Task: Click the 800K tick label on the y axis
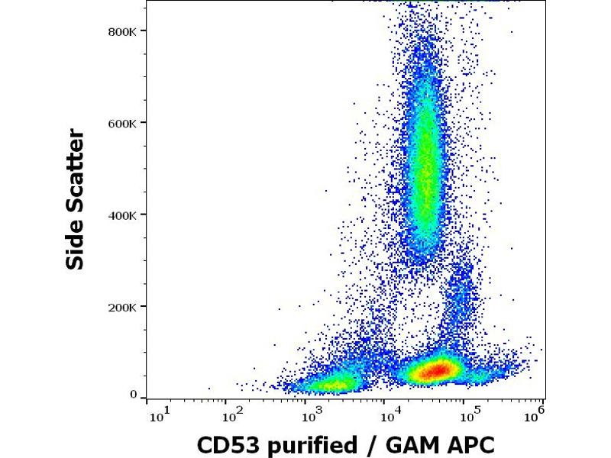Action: tap(121, 31)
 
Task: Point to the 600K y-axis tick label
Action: tap(121, 123)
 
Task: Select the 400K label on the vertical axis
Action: tap(121, 214)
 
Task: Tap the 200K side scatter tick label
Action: tap(121, 307)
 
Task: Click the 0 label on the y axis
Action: tap(133, 395)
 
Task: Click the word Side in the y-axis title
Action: tap(76, 244)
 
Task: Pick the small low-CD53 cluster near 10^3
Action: tap(331, 384)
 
